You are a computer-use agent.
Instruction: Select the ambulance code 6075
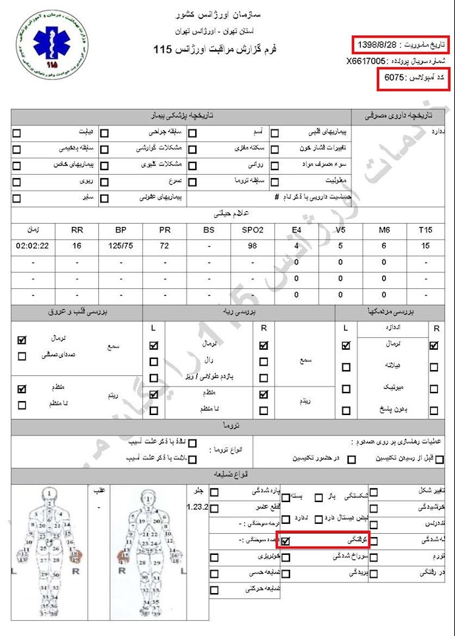(x=395, y=78)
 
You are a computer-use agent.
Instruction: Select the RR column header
(x=76, y=230)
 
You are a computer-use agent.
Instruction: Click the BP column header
(x=121, y=230)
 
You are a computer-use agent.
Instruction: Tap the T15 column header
(x=425, y=230)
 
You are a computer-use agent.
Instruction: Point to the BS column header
(x=208, y=230)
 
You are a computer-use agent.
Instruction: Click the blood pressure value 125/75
(x=121, y=246)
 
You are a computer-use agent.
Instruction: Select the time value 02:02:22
(x=32, y=246)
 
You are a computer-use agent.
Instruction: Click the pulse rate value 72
(x=165, y=246)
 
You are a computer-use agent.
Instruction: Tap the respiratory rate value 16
(x=76, y=246)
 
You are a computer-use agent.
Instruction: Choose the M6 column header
(x=383, y=230)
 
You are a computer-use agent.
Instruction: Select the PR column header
(x=165, y=230)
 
